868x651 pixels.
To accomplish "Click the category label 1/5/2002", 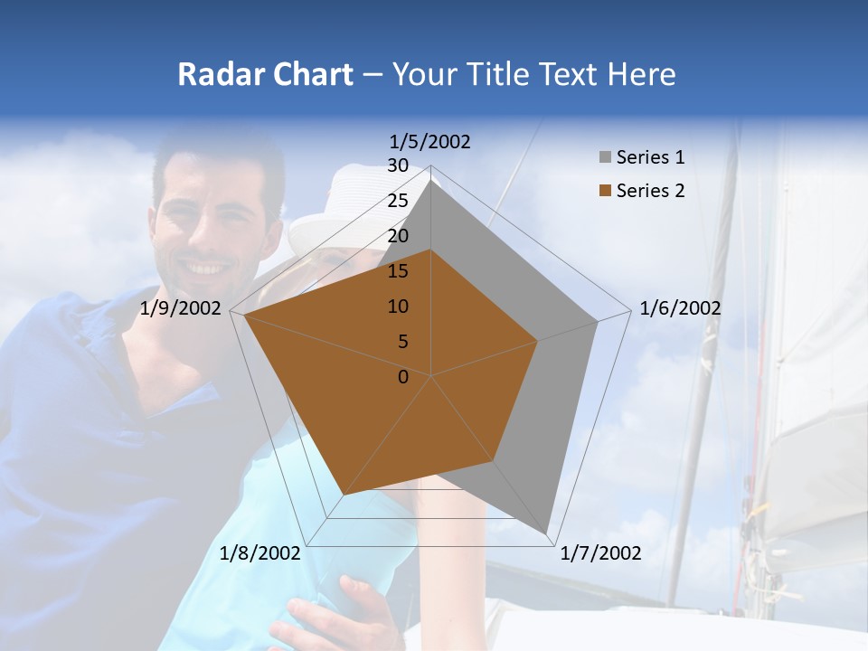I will coord(430,141).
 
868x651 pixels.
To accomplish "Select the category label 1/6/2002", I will coord(680,308).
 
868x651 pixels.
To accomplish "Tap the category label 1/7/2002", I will coord(600,553).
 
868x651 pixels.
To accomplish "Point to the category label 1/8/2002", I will coord(260,553).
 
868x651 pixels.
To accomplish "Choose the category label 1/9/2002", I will coord(181,308).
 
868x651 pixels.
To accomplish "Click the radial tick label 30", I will coord(398,165).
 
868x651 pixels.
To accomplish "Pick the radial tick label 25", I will coord(398,201).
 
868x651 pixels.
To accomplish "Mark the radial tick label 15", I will coord(398,271).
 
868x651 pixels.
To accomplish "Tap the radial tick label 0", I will coord(403,377).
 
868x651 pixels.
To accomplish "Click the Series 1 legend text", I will coord(650,157).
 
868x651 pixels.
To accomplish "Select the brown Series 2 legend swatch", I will coord(605,191).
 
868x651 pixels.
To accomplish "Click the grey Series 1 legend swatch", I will coord(605,157).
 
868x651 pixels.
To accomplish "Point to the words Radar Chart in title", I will coord(265,74).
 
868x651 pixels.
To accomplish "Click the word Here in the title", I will coord(641,74).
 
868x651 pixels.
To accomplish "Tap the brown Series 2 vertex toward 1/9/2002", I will coord(245,316).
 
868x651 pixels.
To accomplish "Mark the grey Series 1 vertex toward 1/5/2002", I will coord(431,179).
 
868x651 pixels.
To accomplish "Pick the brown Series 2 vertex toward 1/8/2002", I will coord(344,495).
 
